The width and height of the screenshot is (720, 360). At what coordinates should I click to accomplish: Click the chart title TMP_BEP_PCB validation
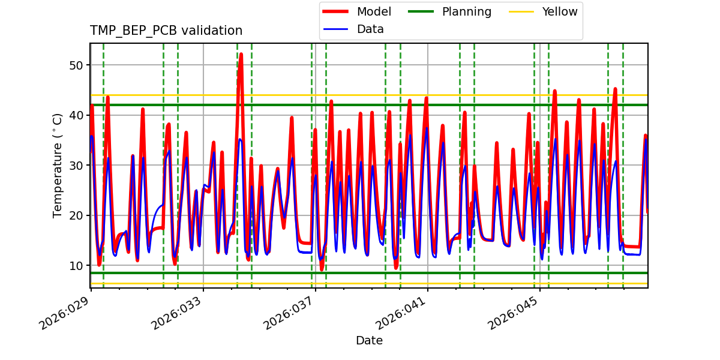pyautogui.click(x=166, y=31)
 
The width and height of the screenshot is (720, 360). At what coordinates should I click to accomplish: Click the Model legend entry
pyautogui.click(x=374, y=11)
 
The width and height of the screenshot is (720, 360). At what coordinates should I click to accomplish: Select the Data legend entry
pyautogui.click(x=370, y=29)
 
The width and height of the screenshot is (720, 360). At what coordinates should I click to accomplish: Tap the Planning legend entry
pyautogui.click(x=466, y=11)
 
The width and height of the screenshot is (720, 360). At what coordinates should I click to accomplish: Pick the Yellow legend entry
pyautogui.click(x=559, y=11)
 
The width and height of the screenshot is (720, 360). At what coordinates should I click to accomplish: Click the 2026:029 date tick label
pyautogui.click(x=65, y=312)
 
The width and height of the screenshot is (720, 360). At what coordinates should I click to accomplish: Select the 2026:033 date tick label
pyautogui.click(x=177, y=312)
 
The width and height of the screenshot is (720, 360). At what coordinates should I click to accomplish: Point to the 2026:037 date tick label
pyautogui.click(x=289, y=312)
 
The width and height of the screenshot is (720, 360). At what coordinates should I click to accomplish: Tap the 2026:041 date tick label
pyautogui.click(x=401, y=312)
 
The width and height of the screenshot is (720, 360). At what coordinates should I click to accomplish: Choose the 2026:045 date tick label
pyautogui.click(x=514, y=312)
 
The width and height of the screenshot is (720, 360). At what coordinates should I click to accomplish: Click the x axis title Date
pyautogui.click(x=369, y=341)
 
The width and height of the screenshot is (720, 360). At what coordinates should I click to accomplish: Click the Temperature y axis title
pyautogui.click(x=58, y=165)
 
